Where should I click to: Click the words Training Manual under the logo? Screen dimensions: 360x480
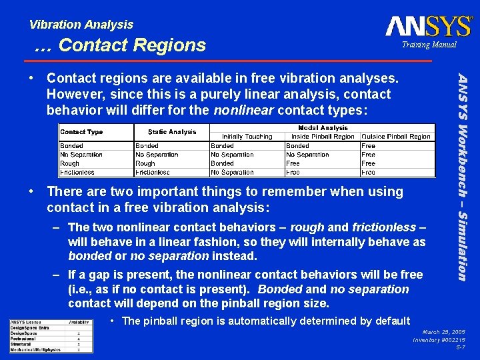(x=429, y=45)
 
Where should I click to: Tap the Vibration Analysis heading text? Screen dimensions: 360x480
(x=81, y=25)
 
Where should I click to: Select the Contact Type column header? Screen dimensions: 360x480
(x=81, y=132)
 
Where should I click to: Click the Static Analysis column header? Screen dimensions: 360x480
(x=172, y=132)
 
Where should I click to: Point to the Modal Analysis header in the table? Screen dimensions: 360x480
(x=322, y=128)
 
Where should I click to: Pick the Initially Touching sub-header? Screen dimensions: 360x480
(x=247, y=137)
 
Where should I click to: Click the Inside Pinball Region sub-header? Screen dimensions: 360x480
(x=323, y=137)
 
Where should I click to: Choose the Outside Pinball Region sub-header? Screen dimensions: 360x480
(x=396, y=137)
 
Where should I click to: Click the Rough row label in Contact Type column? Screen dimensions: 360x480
(x=70, y=163)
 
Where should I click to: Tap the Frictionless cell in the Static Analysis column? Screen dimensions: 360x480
(x=153, y=172)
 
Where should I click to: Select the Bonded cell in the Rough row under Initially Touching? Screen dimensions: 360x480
(x=222, y=163)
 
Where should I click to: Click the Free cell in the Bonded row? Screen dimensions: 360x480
(x=369, y=145)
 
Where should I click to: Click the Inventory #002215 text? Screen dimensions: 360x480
(x=439, y=339)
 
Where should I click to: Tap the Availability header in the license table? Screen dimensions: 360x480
(x=79, y=322)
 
